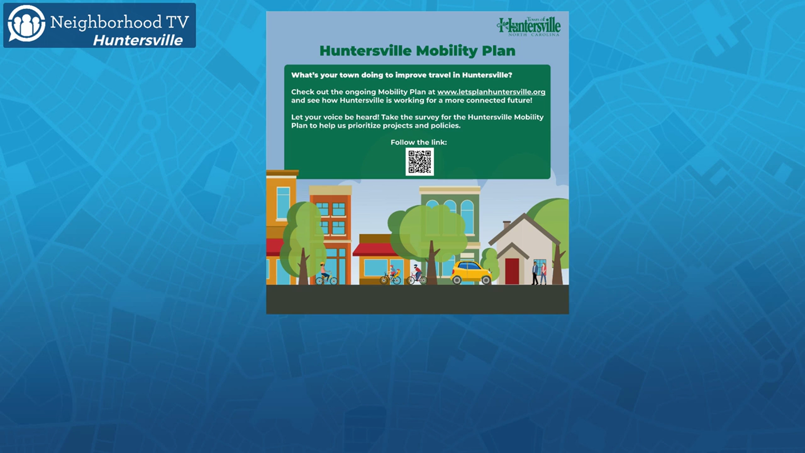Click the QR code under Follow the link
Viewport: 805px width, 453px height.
point(420,161)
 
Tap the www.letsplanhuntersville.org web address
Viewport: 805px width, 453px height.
point(491,92)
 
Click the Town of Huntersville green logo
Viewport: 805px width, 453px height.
point(529,26)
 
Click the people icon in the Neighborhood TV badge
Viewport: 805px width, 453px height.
point(26,24)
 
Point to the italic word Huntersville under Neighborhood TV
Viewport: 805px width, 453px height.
point(138,40)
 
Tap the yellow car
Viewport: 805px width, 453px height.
point(471,273)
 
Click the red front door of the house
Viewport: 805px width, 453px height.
point(512,271)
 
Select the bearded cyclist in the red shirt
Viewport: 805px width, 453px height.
point(416,274)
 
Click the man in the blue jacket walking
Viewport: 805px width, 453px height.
point(535,273)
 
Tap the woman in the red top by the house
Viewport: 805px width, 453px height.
point(543,273)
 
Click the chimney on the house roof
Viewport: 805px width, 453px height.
point(506,225)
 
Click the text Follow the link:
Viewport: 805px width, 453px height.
point(419,143)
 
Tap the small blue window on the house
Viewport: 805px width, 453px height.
point(539,267)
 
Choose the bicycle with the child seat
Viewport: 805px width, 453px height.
point(391,277)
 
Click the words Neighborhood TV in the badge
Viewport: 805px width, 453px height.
point(119,22)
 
